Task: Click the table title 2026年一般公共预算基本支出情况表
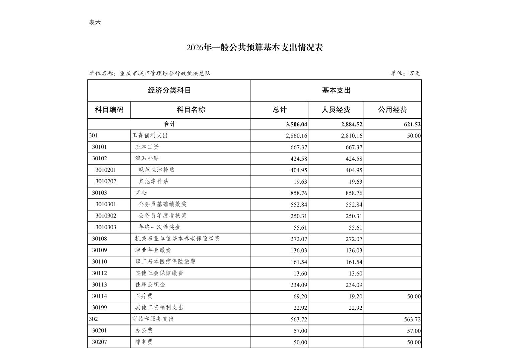point(254,48)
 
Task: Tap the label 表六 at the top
point(95,22)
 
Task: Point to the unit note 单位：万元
point(405,73)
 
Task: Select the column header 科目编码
point(109,110)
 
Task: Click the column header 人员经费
point(336,110)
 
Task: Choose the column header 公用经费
point(392,110)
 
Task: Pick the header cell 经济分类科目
point(169,91)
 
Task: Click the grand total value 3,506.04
point(296,124)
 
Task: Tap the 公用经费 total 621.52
point(412,124)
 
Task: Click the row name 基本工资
point(147,147)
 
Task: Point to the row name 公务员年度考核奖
point(162,216)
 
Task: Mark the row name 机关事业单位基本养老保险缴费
point(177,239)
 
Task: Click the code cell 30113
point(99,285)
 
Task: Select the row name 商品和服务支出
point(153,319)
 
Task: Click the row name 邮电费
point(144,342)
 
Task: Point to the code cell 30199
point(99,307)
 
